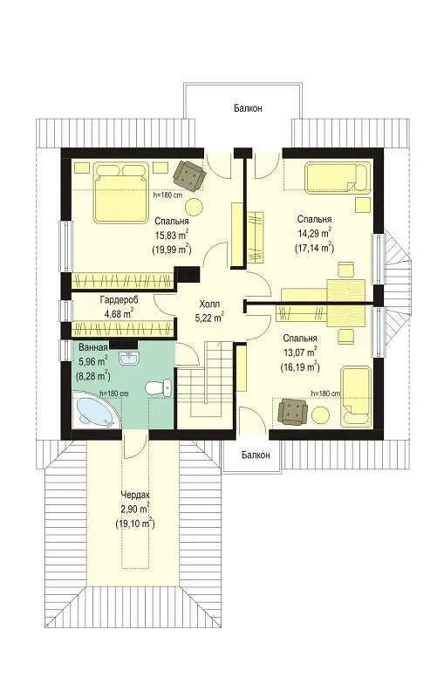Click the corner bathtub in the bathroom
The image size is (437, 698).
tap(95, 408)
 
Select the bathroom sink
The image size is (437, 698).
tap(129, 358)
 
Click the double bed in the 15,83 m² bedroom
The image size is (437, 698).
tap(120, 192)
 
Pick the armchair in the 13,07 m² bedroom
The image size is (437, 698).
tap(292, 410)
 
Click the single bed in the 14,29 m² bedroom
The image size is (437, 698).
tap(338, 178)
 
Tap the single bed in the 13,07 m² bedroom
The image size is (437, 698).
tap(356, 396)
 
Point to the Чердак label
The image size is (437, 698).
tap(135, 495)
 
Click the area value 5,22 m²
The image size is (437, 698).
tap(209, 318)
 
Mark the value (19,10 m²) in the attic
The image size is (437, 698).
tap(135, 523)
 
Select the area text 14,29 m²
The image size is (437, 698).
tap(314, 233)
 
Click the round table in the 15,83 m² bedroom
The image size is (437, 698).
tap(194, 207)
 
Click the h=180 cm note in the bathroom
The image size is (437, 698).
tap(114, 393)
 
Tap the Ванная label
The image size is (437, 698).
tap(92, 347)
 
